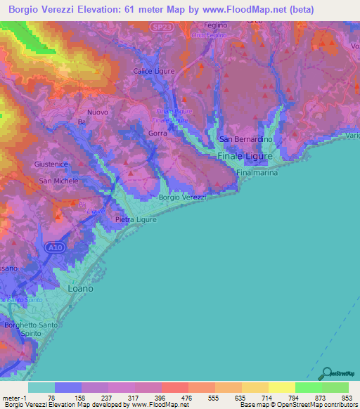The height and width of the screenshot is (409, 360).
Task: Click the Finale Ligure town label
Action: (245, 156)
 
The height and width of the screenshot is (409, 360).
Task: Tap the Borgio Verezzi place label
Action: (182, 197)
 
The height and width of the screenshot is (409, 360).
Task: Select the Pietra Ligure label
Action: (135, 220)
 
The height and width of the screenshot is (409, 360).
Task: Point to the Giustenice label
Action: (51, 164)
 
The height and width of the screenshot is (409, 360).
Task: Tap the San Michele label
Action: (58, 181)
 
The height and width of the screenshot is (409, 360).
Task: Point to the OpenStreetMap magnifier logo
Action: (326, 374)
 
